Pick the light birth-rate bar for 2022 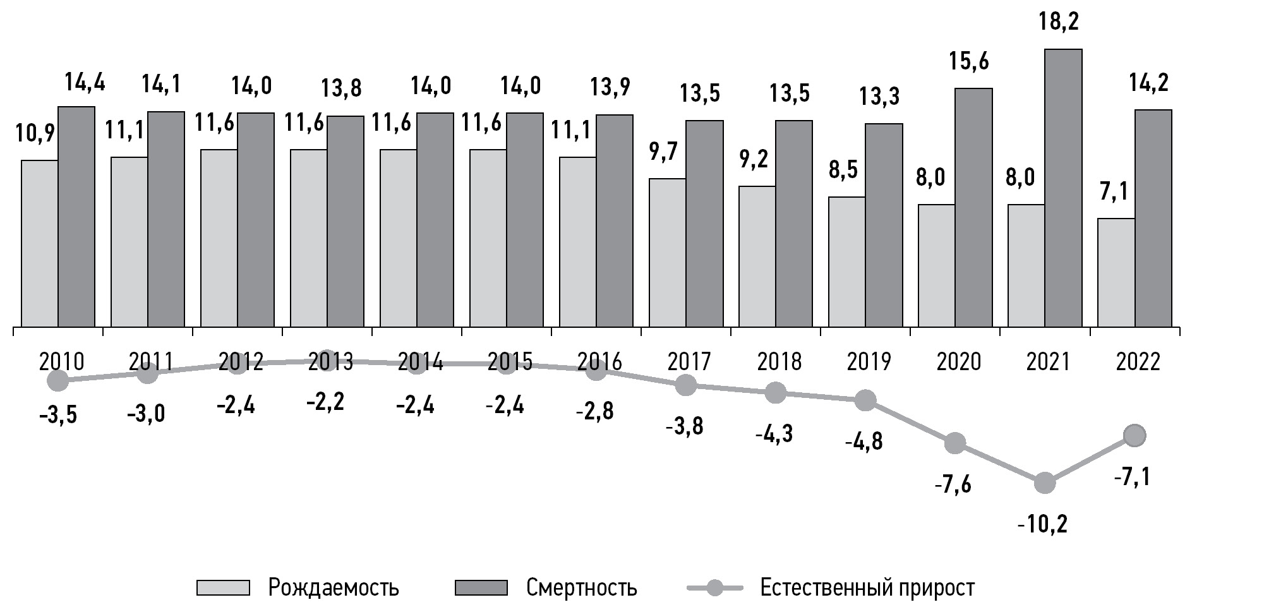pyautogui.click(x=1116, y=272)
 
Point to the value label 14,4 pyautogui.click(x=85, y=83)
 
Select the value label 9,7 pyautogui.click(x=663, y=152)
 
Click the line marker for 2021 pyautogui.click(x=1045, y=484)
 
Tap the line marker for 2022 pyautogui.click(x=1135, y=435)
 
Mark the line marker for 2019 pyautogui.click(x=865, y=400)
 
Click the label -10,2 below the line pyautogui.click(x=1042, y=524)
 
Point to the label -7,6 pyautogui.click(x=953, y=485)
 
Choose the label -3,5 pyautogui.click(x=58, y=416)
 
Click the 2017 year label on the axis pyautogui.click(x=689, y=362)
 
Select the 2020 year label pyautogui.click(x=958, y=362)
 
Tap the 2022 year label pyautogui.click(x=1138, y=362)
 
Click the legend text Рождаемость pyautogui.click(x=334, y=587)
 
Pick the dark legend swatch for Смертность pyautogui.click(x=481, y=587)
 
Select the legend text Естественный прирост pyautogui.click(x=867, y=587)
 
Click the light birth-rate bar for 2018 pyautogui.click(x=757, y=256)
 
